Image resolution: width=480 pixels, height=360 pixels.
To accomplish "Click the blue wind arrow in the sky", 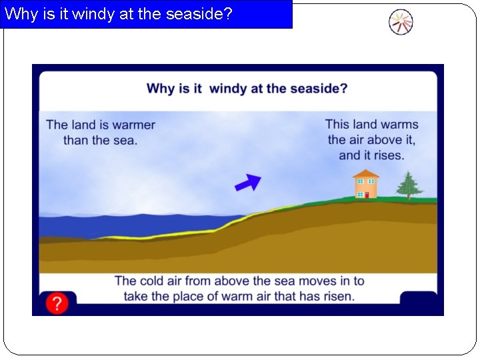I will (x=247, y=182).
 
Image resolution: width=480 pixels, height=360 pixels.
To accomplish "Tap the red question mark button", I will (x=57, y=304).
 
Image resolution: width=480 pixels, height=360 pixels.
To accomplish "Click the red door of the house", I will (x=366, y=195).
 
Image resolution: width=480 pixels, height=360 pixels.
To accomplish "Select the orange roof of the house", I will (x=365, y=174).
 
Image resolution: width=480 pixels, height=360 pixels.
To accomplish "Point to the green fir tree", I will (x=409, y=184).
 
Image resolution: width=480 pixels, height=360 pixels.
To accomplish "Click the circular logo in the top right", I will (x=401, y=23).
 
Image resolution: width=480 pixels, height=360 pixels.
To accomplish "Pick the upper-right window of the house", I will (x=371, y=181).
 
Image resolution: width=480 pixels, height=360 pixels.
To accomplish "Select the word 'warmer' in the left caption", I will (x=133, y=125).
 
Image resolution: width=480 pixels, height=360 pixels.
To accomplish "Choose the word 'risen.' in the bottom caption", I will (x=338, y=296).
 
